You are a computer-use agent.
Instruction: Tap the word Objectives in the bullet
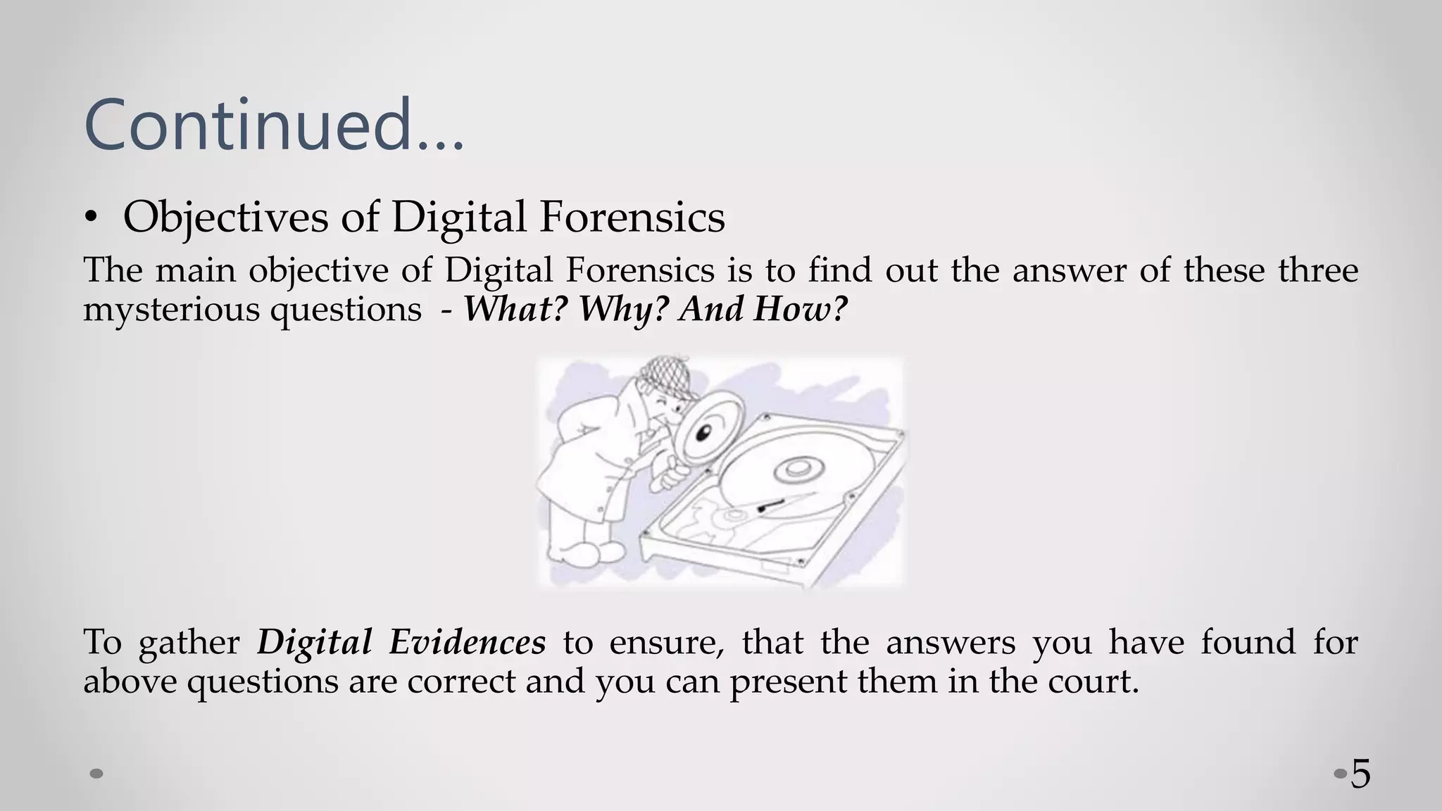tap(225, 217)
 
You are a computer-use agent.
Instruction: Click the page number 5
tap(1360, 774)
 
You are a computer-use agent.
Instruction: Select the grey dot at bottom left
tap(97, 774)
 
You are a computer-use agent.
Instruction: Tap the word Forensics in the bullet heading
tap(632, 217)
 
